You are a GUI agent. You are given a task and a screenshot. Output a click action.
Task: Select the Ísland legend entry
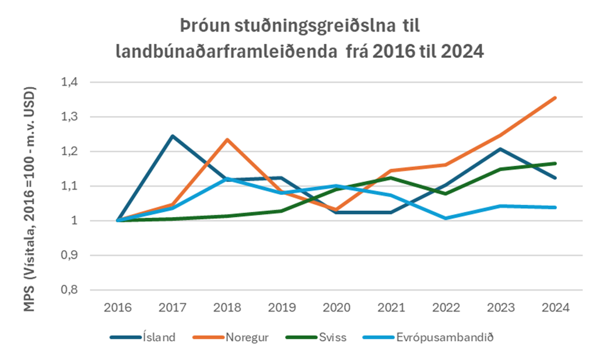(x=159, y=337)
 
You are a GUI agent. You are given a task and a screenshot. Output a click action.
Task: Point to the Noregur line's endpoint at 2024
(x=555, y=97)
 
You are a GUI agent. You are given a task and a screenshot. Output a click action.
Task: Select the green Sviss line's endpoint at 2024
(x=555, y=163)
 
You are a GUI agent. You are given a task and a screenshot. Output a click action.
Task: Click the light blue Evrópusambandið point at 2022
(x=446, y=218)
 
